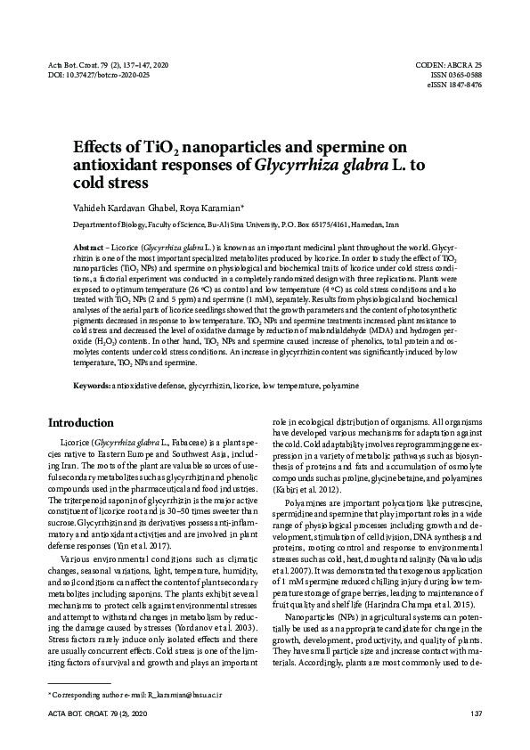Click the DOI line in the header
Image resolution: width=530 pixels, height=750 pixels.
98,76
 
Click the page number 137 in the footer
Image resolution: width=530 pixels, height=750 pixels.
475,714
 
